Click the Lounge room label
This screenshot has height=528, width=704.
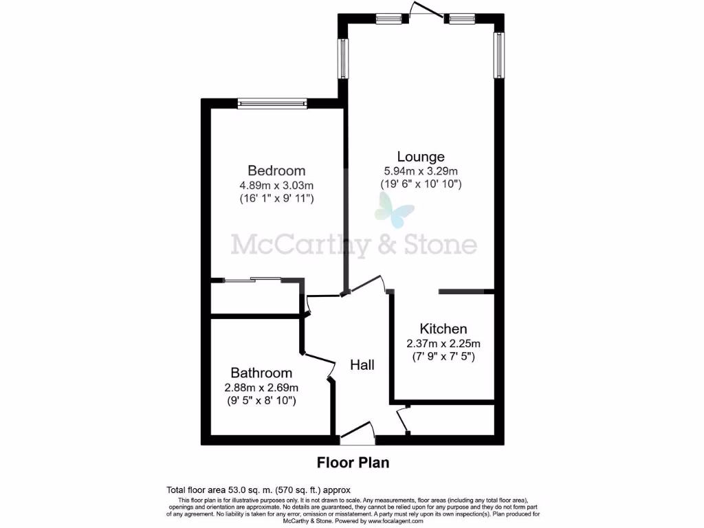[x=421, y=157]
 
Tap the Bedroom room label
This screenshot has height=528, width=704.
[x=276, y=170]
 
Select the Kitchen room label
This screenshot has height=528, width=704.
[x=443, y=329]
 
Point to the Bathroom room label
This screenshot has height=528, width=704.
[x=261, y=373]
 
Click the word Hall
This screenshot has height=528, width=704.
[x=362, y=364]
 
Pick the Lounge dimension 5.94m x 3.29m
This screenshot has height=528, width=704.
[x=421, y=171]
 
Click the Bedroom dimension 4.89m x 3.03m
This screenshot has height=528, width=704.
[x=276, y=185]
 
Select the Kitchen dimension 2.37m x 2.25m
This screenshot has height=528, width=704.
[x=443, y=344]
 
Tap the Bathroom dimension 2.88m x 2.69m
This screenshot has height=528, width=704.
[x=261, y=387]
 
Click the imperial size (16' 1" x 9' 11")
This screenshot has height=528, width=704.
[x=276, y=199]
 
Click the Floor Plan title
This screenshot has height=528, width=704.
[x=353, y=463]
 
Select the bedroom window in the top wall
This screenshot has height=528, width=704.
[x=272, y=104]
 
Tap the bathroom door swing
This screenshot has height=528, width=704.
[x=318, y=362]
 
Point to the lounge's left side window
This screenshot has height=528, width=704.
[x=342, y=58]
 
